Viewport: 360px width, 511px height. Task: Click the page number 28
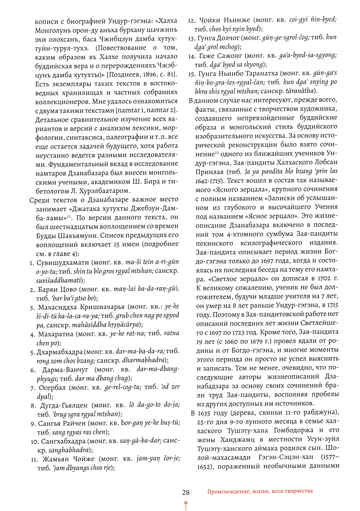point(186,492)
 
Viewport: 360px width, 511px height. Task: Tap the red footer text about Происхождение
point(260,491)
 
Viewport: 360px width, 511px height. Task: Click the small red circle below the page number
point(186,503)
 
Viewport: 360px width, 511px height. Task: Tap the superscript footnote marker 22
point(69,216)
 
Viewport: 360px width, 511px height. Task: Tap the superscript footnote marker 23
point(217,153)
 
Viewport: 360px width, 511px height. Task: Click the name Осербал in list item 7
point(52,388)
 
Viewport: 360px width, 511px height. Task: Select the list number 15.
point(192,74)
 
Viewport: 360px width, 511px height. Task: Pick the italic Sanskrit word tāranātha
point(300,91)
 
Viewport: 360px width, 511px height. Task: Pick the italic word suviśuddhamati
point(59,280)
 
